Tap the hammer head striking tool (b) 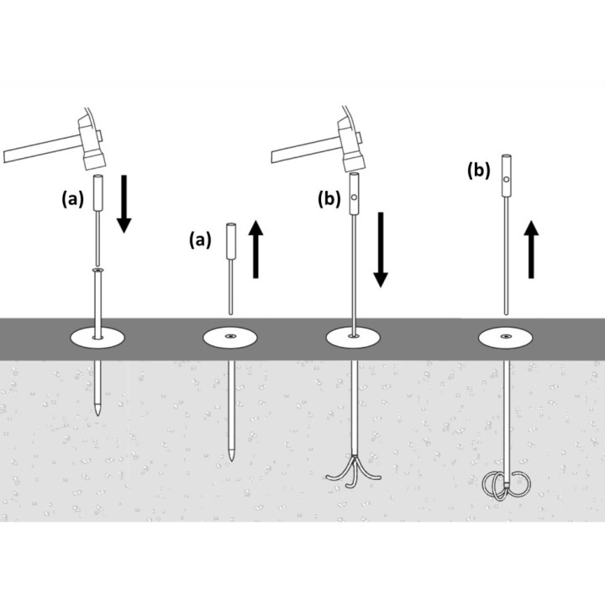(351, 144)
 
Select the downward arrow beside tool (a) (124, 203)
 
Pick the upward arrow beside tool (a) (255, 249)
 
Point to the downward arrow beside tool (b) (381, 250)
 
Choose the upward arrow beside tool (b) (531, 250)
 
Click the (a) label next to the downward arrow (72, 199)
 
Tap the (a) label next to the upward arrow (200, 239)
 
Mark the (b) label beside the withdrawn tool (479, 170)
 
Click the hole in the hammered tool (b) (355, 197)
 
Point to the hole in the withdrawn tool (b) (507, 180)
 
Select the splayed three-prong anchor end (354, 471)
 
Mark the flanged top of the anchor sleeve (98, 270)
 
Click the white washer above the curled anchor (506, 338)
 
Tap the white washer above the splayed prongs (353, 338)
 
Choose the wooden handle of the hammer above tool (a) (43, 149)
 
